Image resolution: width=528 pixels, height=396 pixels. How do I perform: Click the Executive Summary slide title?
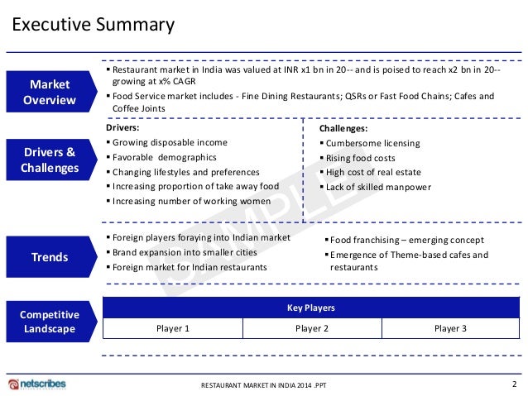[93, 25]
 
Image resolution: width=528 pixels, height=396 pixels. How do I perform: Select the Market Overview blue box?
[50, 93]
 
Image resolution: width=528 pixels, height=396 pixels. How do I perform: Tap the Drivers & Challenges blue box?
[50, 160]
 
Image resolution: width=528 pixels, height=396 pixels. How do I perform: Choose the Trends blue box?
[50, 257]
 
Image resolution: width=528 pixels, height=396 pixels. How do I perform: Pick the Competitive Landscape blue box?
[50, 322]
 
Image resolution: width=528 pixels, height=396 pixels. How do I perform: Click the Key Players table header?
[310, 308]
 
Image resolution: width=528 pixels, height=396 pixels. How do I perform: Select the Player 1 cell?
[173, 328]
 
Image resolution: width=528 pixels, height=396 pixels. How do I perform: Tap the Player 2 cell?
[311, 328]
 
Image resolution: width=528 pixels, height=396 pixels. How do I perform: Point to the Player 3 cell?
[450, 328]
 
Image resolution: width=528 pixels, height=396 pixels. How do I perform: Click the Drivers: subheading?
[123, 128]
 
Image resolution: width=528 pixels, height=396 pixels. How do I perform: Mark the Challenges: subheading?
[343, 129]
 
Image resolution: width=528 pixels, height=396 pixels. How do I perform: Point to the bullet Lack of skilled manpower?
[378, 188]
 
